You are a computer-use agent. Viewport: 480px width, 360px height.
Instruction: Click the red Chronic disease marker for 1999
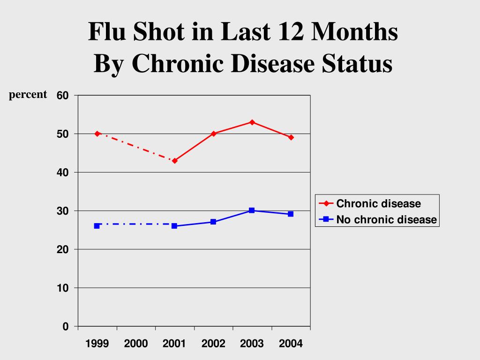point(97,134)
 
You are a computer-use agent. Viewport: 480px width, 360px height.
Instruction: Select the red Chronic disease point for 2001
point(174,161)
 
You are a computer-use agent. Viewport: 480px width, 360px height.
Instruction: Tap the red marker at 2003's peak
point(252,122)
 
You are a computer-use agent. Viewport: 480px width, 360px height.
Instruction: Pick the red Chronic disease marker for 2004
point(291,137)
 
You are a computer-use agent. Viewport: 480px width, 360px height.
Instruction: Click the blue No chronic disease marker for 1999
point(97,225)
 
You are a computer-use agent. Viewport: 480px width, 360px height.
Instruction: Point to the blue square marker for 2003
point(252,210)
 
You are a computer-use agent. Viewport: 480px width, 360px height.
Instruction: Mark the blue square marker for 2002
point(213,222)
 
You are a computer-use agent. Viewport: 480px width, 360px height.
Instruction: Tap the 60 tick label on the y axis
point(63,96)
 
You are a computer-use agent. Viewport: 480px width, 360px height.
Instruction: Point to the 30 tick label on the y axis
point(63,211)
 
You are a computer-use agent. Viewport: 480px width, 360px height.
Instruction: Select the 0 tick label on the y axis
point(66,327)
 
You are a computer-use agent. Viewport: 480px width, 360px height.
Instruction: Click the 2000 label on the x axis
point(136,344)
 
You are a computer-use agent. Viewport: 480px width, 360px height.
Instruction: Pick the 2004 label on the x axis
point(291,344)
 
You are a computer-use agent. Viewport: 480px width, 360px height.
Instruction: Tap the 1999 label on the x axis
point(97,344)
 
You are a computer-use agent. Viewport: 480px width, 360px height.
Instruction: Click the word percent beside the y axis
point(28,95)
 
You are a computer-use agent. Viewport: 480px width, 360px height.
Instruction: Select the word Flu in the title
point(107,33)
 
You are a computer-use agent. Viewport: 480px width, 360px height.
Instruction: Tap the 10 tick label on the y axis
point(63,288)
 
